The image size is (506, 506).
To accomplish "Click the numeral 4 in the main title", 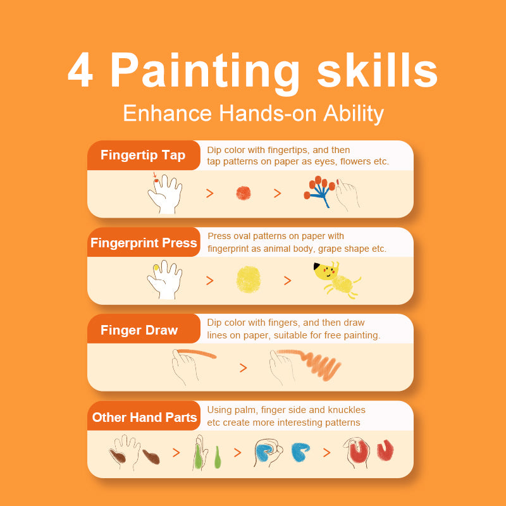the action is pyautogui.click(x=81, y=70).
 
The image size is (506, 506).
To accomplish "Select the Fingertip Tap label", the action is pyautogui.click(x=143, y=155).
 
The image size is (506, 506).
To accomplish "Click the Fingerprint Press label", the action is pyautogui.click(x=144, y=243).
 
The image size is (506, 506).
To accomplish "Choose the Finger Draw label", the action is pyautogui.click(x=139, y=330).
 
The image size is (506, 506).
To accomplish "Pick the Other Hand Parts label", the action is pyautogui.click(x=144, y=417).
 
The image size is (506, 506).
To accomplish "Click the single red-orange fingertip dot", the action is pyautogui.click(x=244, y=193).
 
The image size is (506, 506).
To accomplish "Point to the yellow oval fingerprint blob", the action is pyautogui.click(x=248, y=279).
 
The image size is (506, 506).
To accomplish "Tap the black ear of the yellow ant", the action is pyautogui.click(x=317, y=266).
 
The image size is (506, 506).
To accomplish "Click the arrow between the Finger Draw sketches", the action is pyautogui.click(x=244, y=367).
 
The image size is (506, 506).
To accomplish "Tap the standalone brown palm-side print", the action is pyautogui.click(x=151, y=457).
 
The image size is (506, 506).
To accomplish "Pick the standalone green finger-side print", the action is pyautogui.click(x=218, y=457).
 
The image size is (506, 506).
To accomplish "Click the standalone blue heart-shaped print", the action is pyautogui.click(x=300, y=452).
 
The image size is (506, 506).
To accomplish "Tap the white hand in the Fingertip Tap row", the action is pyautogui.click(x=166, y=194).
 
